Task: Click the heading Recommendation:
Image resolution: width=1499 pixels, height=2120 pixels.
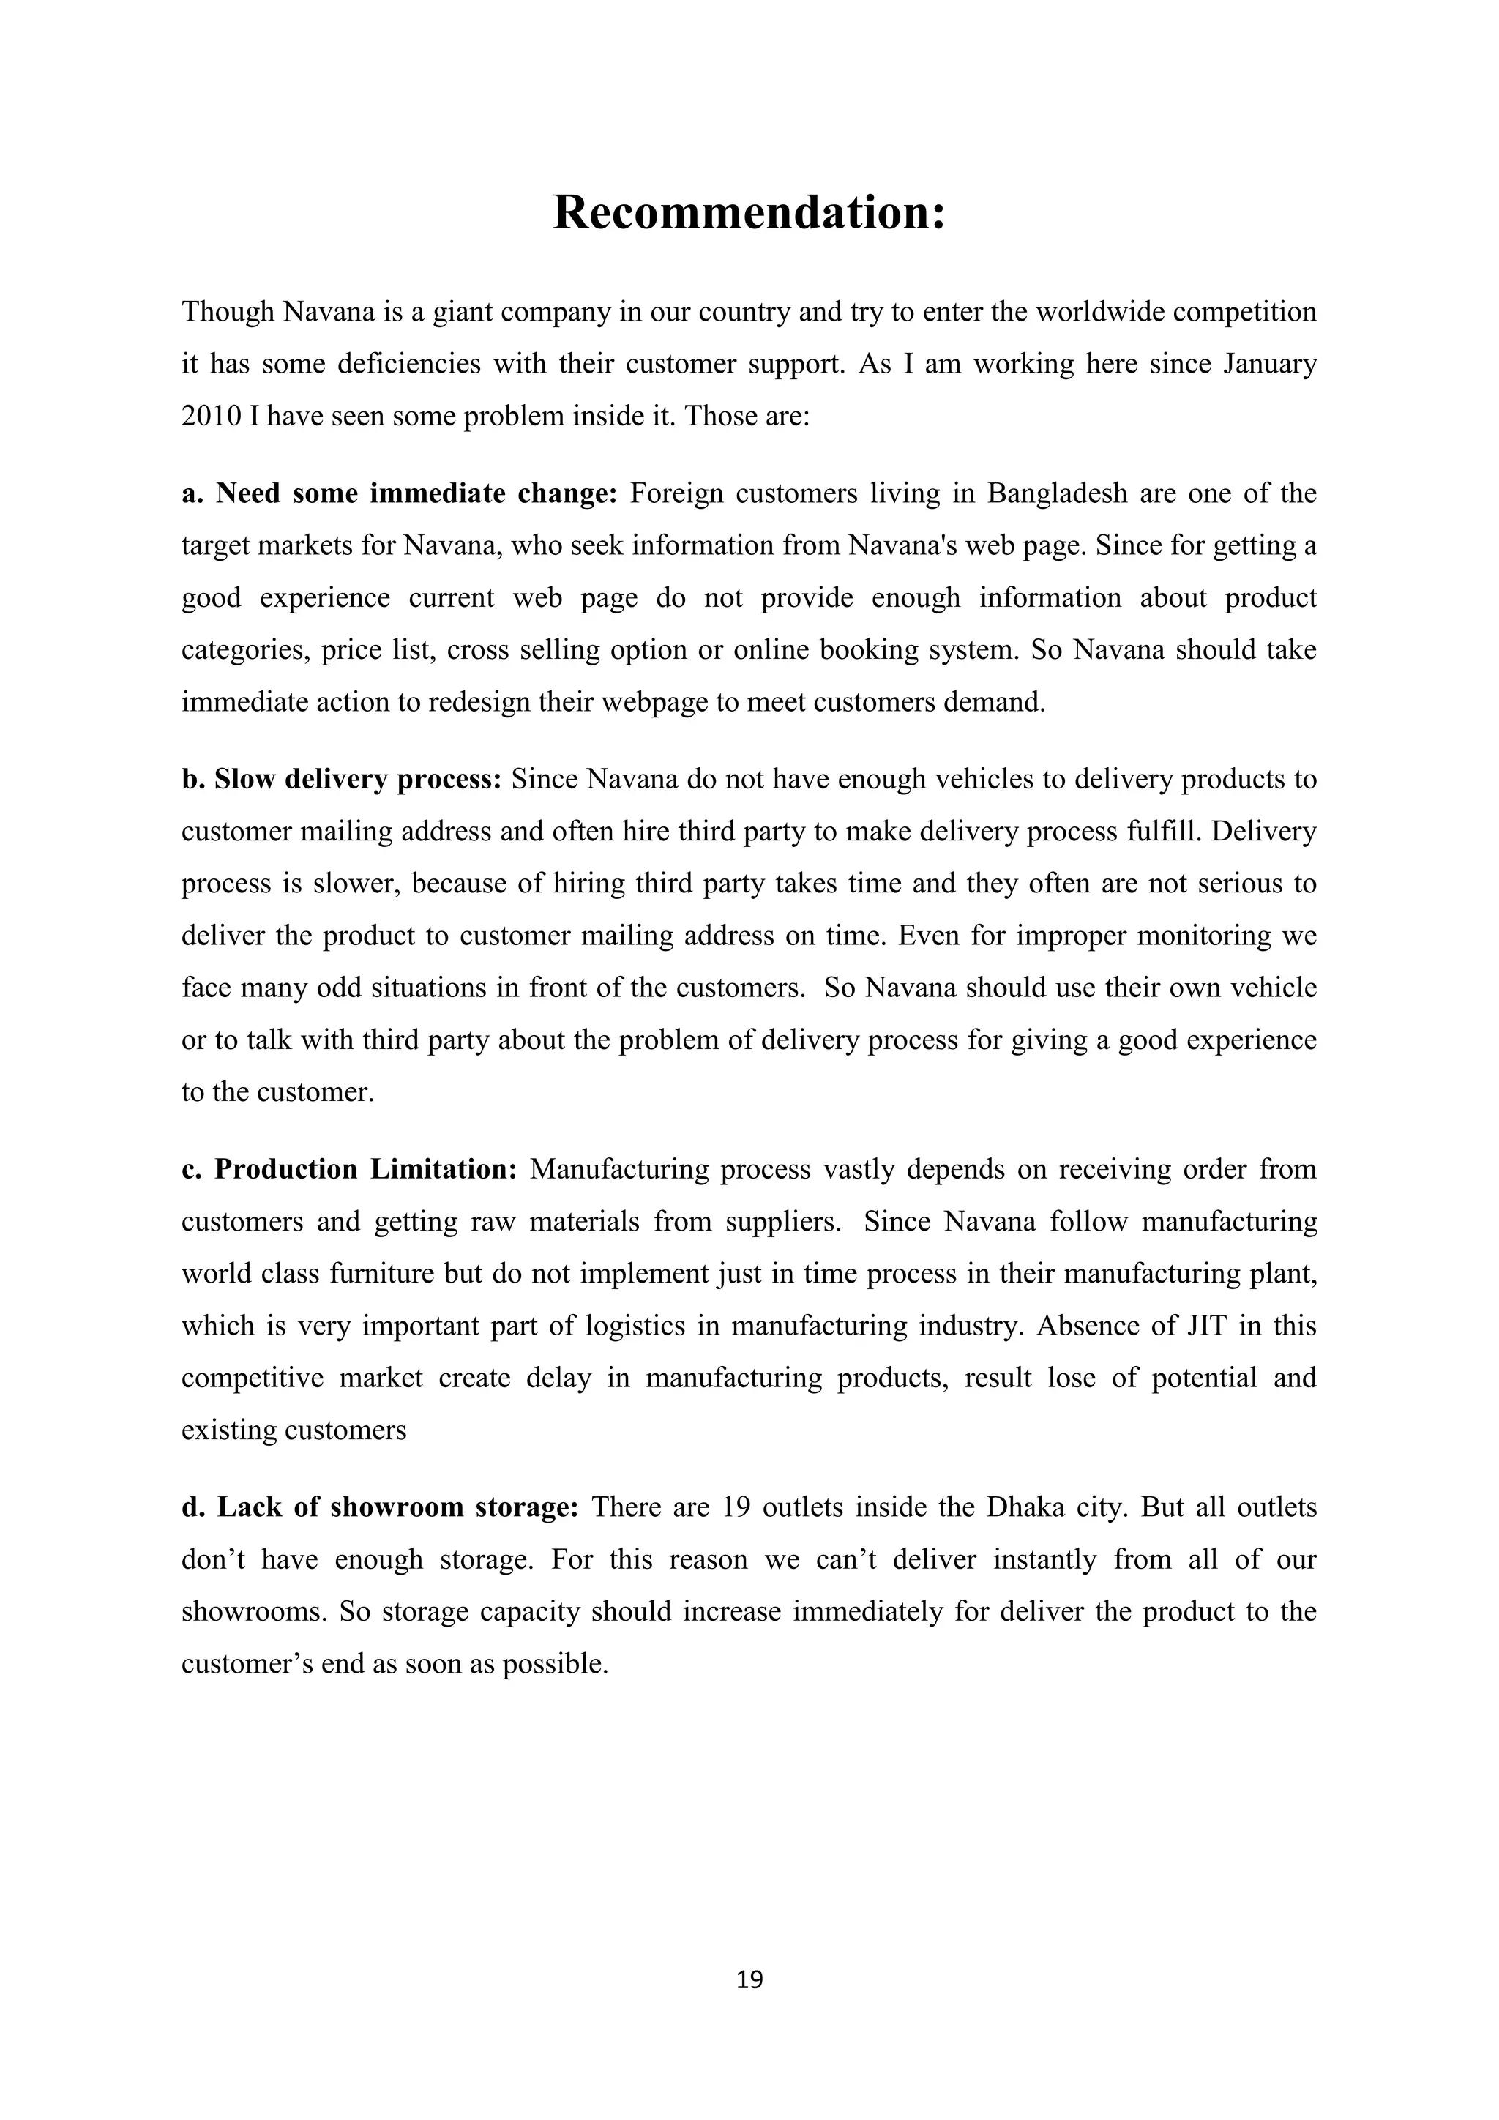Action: click(x=749, y=212)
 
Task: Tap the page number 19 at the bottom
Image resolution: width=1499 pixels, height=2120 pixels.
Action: click(x=749, y=1979)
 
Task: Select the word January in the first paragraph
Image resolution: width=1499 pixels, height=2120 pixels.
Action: click(x=1269, y=364)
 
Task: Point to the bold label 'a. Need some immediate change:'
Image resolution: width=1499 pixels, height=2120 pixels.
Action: click(x=399, y=494)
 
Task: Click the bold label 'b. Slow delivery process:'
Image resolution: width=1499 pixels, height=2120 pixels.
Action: click(x=340, y=780)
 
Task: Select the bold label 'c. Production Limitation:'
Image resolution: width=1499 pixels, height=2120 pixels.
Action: click(x=349, y=1170)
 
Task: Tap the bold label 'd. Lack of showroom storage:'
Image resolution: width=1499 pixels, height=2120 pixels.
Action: click(x=379, y=1508)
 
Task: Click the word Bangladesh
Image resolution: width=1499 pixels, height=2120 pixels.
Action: click(x=1058, y=494)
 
